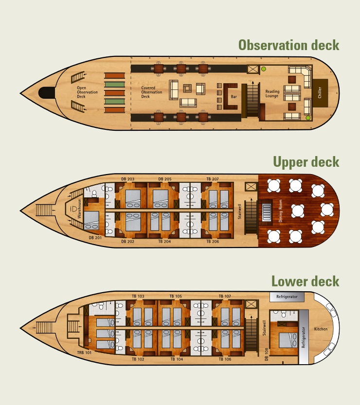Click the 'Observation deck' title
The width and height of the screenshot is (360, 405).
click(288, 45)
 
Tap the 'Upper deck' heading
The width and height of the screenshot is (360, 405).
click(306, 162)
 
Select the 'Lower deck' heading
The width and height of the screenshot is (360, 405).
click(305, 281)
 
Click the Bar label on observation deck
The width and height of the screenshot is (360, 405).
click(234, 97)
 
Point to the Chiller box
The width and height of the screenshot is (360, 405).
click(320, 92)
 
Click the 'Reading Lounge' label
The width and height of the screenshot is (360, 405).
click(272, 94)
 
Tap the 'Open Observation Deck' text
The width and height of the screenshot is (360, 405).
click(87, 92)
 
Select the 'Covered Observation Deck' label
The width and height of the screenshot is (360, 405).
click(152, 92)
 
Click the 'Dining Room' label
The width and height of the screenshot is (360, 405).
click(280, 211)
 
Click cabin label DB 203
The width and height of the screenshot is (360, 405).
click(127, 179)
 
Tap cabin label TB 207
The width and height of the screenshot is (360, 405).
click(213, 179)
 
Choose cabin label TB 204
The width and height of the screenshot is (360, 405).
click(164, 242)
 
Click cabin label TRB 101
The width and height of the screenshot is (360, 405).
click(84, 352)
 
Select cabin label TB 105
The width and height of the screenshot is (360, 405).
click(176, 296)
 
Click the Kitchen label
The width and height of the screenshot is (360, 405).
click(321, 329)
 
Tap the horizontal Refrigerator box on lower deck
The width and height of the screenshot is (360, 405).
click(287, 296)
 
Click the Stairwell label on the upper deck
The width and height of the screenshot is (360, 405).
click(240, 211)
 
